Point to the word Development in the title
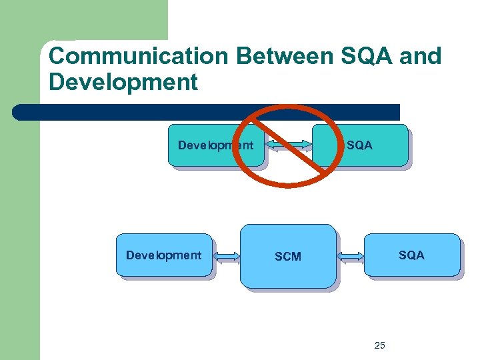[x=123, y=82]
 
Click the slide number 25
[x=380, y=345]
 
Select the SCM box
[x=288, y=256]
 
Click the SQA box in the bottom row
[x=411, y=255]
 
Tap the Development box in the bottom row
[x=163, y=255]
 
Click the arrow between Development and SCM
[x=226, y=255]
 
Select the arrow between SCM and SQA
[x=350, y=255]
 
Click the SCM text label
[x=288, y=257]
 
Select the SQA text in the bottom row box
[x=411, y=255]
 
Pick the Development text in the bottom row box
[x=163, y=255]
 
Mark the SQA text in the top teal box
[x=360, y=145]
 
